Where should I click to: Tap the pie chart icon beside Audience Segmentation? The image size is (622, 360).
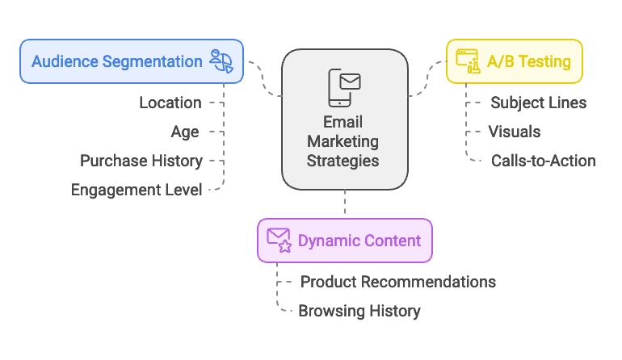point(221,61)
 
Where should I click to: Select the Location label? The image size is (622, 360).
point(170,103)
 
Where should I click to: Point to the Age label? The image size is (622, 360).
point(184,132)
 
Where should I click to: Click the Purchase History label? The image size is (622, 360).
point(141,161)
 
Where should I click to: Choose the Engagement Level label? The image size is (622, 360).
point(136,190)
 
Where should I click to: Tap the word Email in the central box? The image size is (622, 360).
point(344,123)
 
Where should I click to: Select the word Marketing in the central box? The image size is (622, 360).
point(344,141)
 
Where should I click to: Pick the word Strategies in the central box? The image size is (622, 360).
point(344,160)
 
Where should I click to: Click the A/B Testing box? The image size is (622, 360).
point(514,61)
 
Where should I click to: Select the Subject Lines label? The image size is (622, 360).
point(538,103)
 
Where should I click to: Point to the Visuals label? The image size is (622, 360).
point(515,132)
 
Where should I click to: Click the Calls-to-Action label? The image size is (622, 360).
point(543,161)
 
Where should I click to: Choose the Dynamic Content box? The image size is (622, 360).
point(345,241)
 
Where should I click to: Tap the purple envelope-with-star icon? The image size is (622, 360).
point(279,241)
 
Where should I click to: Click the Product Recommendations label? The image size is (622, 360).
point(397,282)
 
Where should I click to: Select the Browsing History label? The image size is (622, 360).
point(359,311)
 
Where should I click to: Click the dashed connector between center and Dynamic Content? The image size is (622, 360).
point(345,203)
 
